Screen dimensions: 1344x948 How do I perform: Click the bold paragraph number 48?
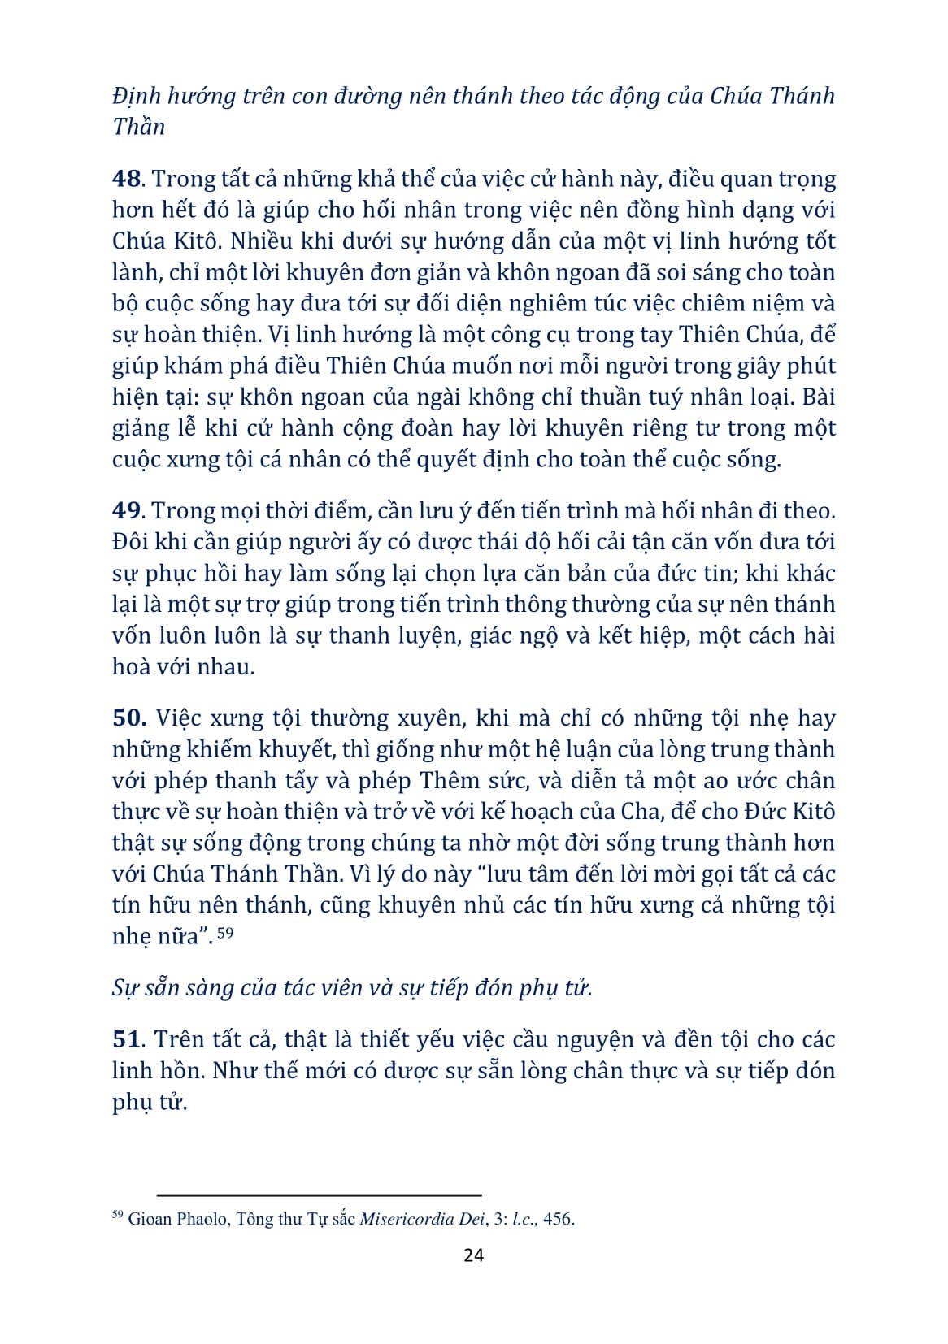tap(128, 180)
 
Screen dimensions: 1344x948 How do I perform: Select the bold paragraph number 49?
tap(128, 511)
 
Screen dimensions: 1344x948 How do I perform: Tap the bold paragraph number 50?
tap(129, 718)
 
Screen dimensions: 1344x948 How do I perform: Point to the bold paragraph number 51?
tap(128, 1039)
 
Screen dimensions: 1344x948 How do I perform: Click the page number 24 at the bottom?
tap(473, 1255)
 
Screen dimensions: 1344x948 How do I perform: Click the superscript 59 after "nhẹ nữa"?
tap(225, 934)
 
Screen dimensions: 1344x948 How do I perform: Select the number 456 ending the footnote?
tap(559, 1219)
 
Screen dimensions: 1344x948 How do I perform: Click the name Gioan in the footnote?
tap(149, 1219)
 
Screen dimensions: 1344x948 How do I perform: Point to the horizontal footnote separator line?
tap(319, 1195)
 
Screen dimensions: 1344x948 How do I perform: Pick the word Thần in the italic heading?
tap(138, 127)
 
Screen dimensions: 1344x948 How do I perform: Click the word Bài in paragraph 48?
tap(816, 397)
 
